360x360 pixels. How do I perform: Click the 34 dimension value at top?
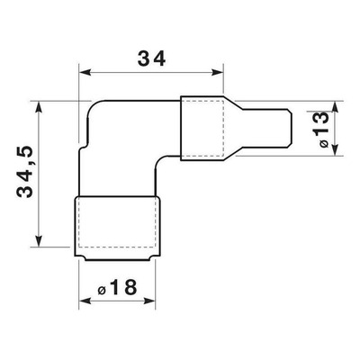point(151,58)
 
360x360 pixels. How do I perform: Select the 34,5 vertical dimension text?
point(24,172)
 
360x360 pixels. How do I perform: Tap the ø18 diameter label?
point(118,287)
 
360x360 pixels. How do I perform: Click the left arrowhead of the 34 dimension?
point(85,72)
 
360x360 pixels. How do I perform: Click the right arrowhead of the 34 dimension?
point(218,72)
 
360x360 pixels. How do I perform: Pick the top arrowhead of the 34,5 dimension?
point(39,107)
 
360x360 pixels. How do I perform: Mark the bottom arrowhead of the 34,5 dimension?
point(39,240)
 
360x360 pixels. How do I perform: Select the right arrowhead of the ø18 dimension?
point(149,301)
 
